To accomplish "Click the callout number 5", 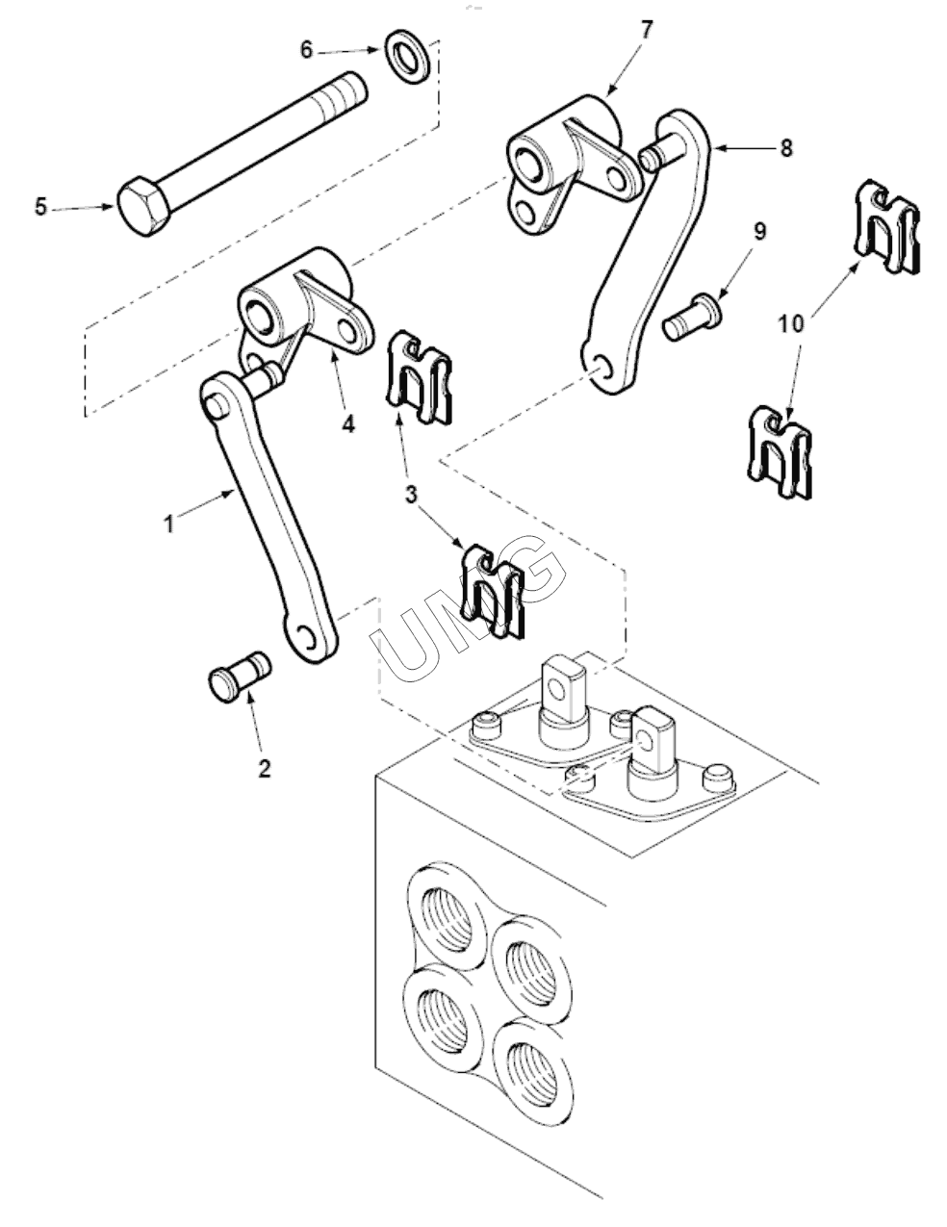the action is tap(40, 207).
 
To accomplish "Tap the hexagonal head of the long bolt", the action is tap(143, 207).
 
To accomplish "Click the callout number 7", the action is tap(646, 31).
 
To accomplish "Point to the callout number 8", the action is tap(786, 147).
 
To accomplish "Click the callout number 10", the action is tap(791, 324).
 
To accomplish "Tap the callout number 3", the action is tap(411, 495).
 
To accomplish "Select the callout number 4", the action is tap(348, 423).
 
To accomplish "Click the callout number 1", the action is tap(168, 523).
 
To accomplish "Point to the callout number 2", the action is tap(265, 769).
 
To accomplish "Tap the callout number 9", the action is tap(759, 232).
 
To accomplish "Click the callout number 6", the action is tap(306, 50).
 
